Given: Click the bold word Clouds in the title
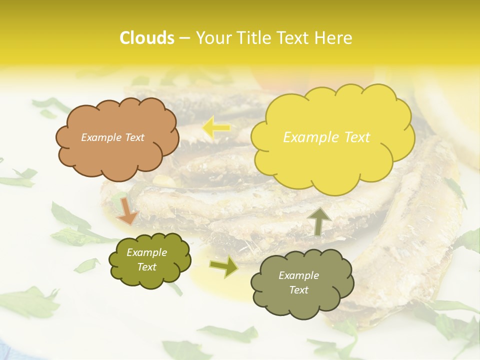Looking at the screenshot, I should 146,38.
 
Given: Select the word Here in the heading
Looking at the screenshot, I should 334,38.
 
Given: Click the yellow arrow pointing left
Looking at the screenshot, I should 216,128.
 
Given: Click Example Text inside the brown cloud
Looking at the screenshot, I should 112,137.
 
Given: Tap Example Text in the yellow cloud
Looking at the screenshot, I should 326,137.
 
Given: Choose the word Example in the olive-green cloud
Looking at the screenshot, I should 146,253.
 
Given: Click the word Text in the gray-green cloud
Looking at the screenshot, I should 298,290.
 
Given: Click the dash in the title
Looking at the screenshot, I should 184,38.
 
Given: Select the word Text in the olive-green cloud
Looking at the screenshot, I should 146,267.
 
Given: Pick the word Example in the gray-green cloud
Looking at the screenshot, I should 298,275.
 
